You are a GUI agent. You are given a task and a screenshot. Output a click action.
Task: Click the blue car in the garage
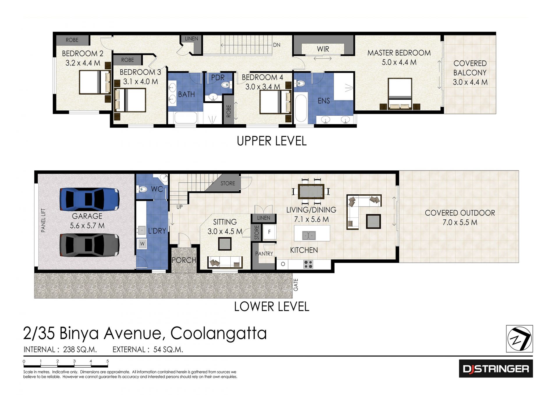click(x=89, y=199)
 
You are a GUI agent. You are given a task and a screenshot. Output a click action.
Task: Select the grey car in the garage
click(x=89, y=245)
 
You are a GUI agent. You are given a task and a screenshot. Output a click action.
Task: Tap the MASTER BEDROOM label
click(x=399, y=53)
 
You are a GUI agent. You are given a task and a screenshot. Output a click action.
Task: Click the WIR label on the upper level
click(x=323, y=49)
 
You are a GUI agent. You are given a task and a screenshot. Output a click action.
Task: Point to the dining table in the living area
click(x=311, y=191)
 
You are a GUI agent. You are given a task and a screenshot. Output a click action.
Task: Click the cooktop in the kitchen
click(x=308, y=264)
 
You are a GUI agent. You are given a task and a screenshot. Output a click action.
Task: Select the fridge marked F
click(x=269, y=232)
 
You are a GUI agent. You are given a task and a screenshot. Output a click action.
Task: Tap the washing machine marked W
click(x=142, y=244)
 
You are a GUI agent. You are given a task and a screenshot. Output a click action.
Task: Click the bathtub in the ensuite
click(x=301, y=108)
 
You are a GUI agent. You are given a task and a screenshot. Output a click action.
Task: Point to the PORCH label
click(x=184, y=260)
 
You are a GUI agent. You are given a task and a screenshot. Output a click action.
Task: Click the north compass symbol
click(x=519, y=339)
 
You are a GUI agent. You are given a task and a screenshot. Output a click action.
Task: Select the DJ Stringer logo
click(x=496, y=369)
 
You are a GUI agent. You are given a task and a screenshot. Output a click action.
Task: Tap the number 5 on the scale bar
click(x=107, y=361)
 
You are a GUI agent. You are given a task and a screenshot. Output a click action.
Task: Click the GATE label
click(x=296, y=285)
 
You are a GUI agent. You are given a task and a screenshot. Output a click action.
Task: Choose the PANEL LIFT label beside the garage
click(x=43, y=221)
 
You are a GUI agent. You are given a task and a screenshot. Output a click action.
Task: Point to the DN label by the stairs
click(x=277, y=45)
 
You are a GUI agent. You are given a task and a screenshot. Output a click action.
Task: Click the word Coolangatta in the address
click(x=218, y=333)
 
